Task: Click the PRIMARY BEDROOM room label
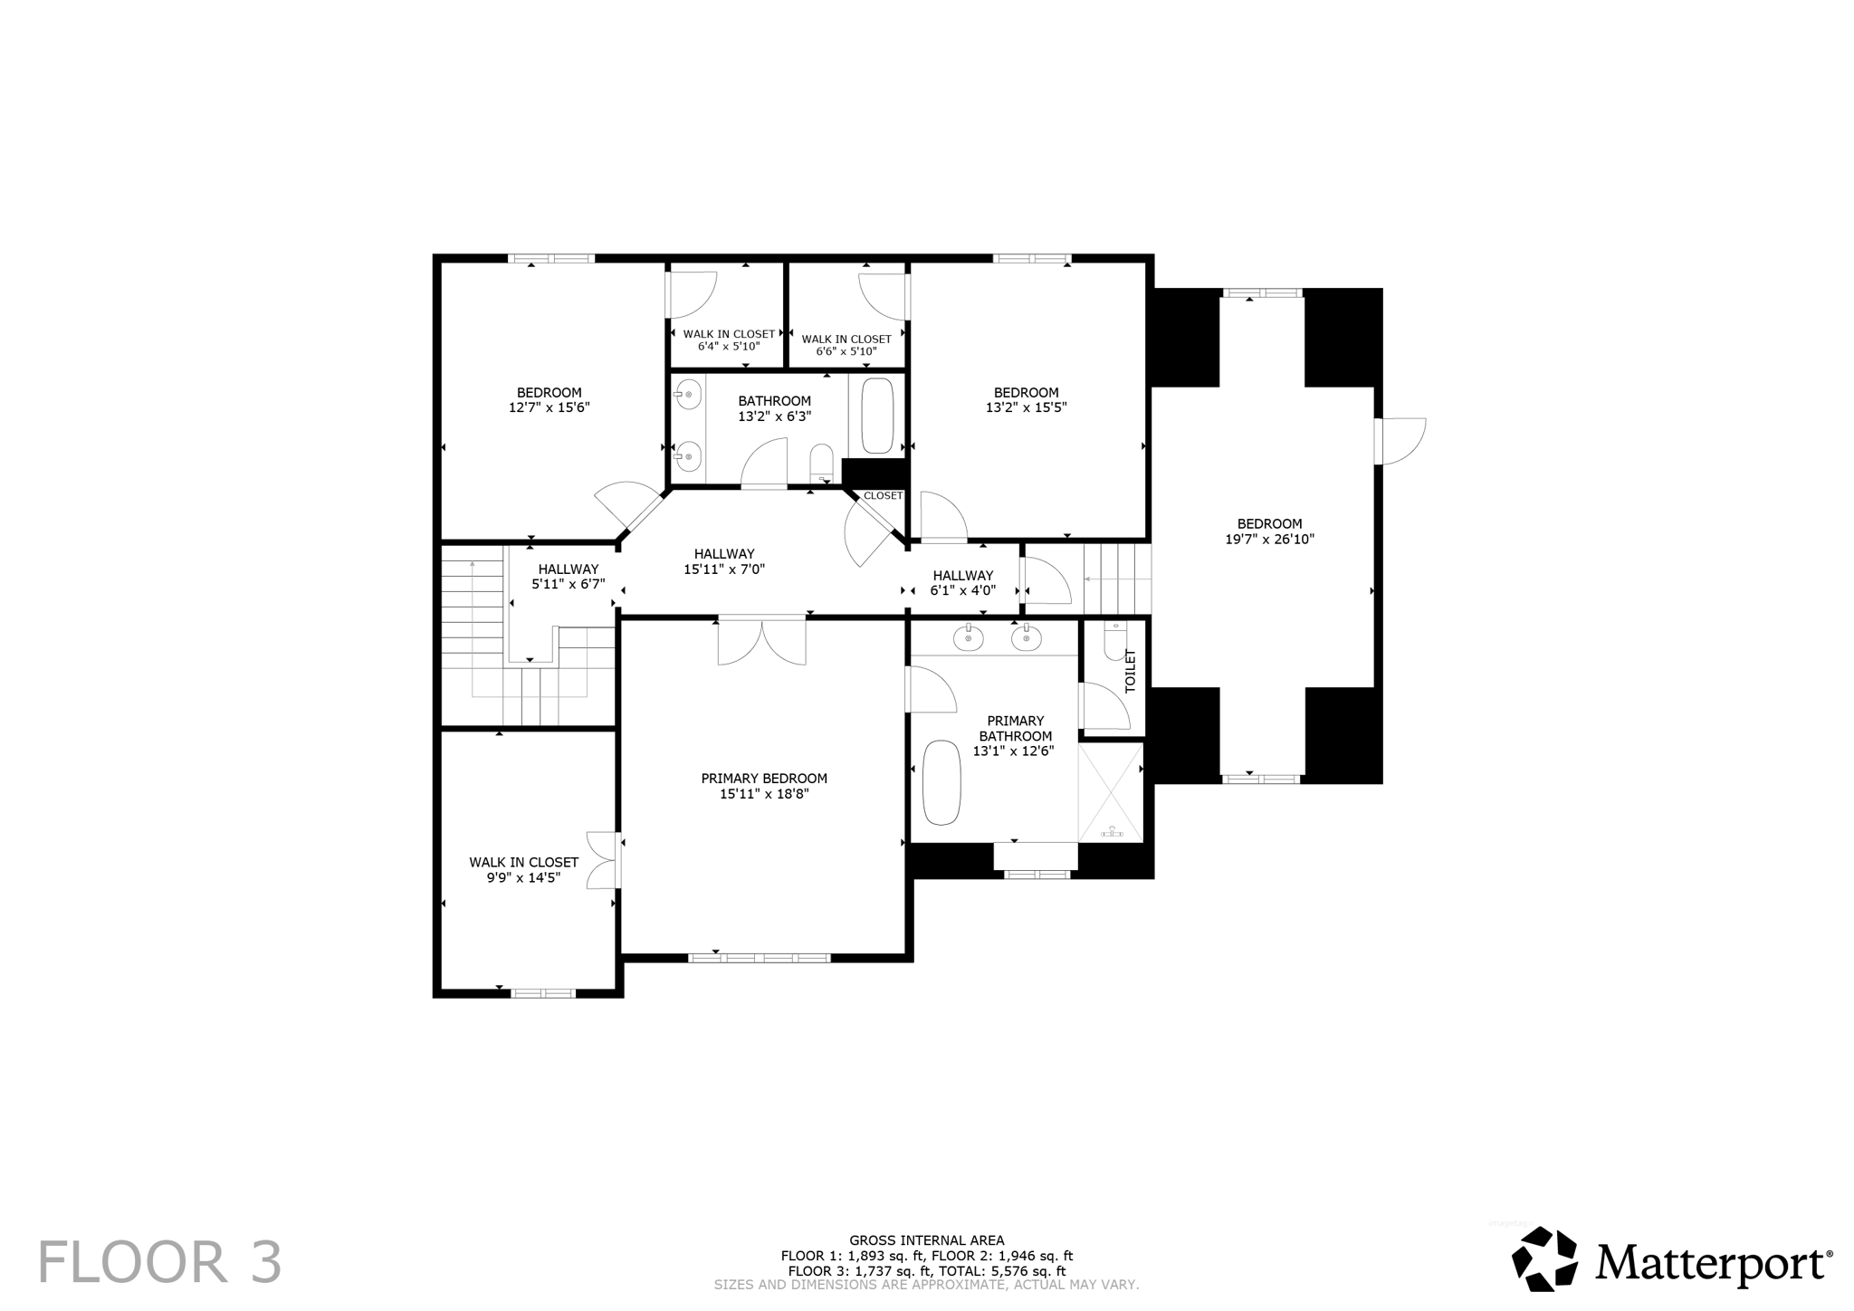764,779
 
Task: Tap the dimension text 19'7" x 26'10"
1269,540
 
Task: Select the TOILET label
1130,671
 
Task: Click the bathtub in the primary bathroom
941,782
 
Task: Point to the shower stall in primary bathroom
1111,792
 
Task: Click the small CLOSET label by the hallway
883,496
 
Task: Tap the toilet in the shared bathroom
821,461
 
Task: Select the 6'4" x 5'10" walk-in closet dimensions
728,347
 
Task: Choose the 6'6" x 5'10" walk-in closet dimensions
846,352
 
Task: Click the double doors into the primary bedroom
762,640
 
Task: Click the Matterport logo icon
1545,1258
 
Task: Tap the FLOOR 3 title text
159,1263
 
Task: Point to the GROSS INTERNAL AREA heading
926,1240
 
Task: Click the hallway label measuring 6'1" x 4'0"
963,583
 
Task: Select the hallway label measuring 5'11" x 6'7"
568,577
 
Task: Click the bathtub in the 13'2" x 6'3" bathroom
876,416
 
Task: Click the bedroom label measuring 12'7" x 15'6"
549,400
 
